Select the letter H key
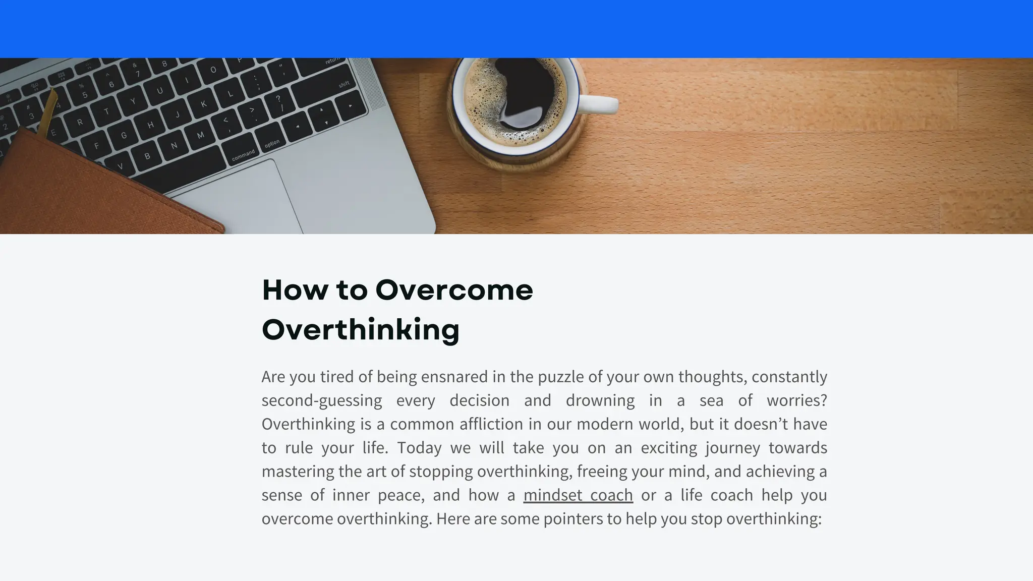tap(150, 125)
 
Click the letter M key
tap(201, 135)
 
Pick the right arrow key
tap(350, 106)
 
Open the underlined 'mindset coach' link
tap(578, 495)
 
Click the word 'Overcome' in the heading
tap(454, 290)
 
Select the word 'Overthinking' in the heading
tap(361, 330)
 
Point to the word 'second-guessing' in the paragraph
tap(322, 400)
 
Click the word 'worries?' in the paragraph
tap(797, 400)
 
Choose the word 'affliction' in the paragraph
tap(491, 424)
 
